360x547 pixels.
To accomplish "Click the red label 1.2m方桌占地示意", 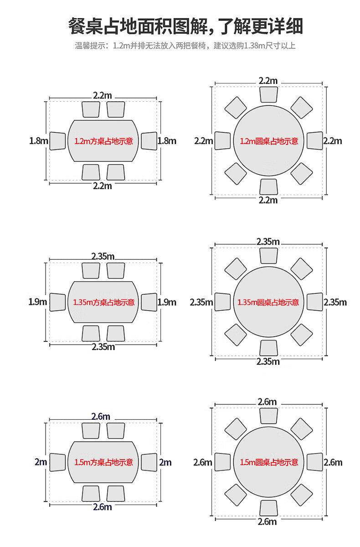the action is pyautogui.click(x=103, y=141).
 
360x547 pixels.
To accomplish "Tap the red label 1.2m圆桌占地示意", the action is pyautogui.click(x=269, y=141).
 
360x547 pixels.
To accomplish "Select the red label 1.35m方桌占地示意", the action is pyautogui.click(x=104, y=302).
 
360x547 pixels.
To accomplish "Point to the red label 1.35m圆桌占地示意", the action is pyautogui.click(x=268, y=302).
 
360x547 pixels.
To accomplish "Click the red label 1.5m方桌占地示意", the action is pyautogui.click(x=103, y=462).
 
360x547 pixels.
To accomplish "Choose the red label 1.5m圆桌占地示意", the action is pyautogui.click(x=269, y=462).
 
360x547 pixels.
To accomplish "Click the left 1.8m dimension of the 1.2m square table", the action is pyautogui.click(x=39, y=141).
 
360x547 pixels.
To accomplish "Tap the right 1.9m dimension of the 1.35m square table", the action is pyautogui.click(x=167, y=302).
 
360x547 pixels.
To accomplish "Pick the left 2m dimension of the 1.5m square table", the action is pyautogui.click(x=41, y=462).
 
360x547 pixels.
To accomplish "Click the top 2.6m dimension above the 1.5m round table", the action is pyautogui.click(x=267, y=402).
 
